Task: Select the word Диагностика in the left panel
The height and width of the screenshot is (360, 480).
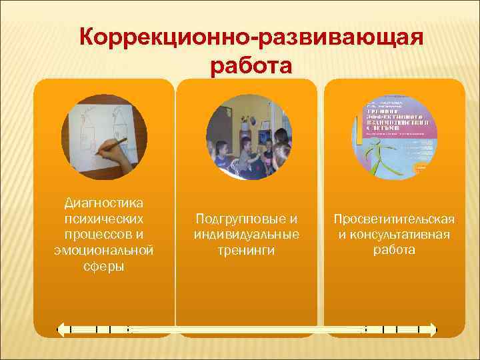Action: pos(104,202)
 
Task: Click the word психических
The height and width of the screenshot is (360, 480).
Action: pos(104,218)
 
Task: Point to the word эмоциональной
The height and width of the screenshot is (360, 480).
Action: pos(104,250)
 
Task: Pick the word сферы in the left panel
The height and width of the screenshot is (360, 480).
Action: pos(104,266)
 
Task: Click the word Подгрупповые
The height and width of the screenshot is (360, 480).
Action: pos(246,219)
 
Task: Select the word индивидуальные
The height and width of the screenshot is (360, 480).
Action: pos(246,235)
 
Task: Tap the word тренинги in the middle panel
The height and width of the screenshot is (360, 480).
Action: pos(246,251)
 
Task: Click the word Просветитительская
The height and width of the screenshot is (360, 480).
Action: pos(394,219)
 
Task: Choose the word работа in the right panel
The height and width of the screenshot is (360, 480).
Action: pos(394,251)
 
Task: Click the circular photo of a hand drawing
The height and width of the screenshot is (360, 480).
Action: pos(104,137)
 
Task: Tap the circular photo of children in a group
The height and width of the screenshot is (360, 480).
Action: pos(249,137)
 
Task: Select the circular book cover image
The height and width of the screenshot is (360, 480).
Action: pos(394,137)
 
